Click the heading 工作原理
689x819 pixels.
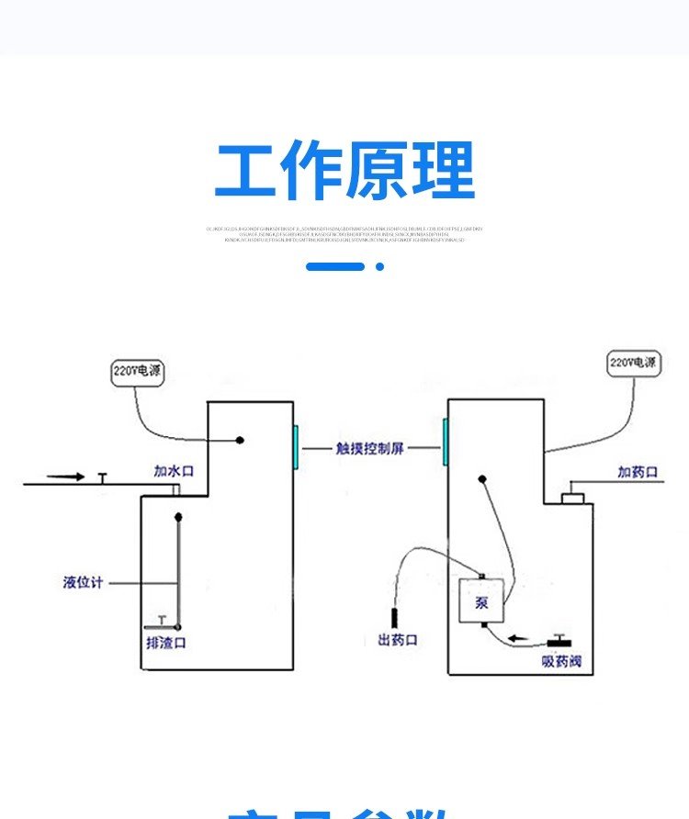pyautogui.click(x=344, y=171)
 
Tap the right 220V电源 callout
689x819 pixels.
pyautogui.click(x=634, y=363)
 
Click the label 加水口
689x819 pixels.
pyautogui.click(x=174, y=471)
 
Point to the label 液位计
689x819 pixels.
pyautogui.click(x=83, y=582)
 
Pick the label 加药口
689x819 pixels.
pyautogui.click(x=638, y=472)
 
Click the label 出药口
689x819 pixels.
pyautogui.click(x=398, y=640)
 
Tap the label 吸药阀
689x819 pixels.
pyautogui.click(x=561, y=662)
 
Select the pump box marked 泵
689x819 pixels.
pyautogui.click(x=482, y=601)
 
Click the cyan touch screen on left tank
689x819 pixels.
pyautogui.click(x=296, y=448)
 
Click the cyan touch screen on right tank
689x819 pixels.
pyautogui.click(x=445, y=448)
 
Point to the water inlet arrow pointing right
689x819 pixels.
pyautogui.click(x=65, y=477)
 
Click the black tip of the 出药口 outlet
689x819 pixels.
pyautogui.click(x=394, y=616)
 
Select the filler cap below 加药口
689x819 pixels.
pyautogui.click(x=574, y=498)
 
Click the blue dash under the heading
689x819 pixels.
pyautogui.click(x=334, y=266)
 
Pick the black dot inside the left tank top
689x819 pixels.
pyautogui.click(x=240, y=440)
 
